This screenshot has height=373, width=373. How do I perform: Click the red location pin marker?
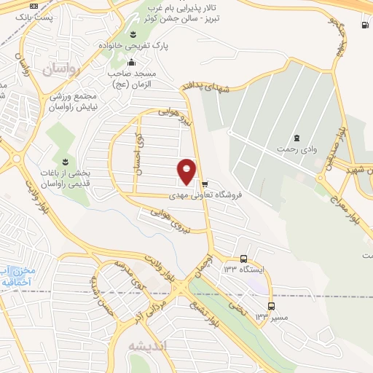pyautogui.click(x=186, y=170)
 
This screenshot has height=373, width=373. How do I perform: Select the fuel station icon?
pyautogui.click(x=364, y=25)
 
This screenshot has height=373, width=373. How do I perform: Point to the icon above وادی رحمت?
pyautogui.click(x=297, y=138)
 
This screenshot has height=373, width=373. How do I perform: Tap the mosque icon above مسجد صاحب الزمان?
pyautogui.click(x=131, y=62)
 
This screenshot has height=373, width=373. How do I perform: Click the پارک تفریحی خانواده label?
pyautogui.click(x=134, y=46)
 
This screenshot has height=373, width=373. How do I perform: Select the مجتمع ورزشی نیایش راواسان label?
pyautogui.click(x=71, y=101)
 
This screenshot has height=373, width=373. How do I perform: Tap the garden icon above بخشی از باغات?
pyautogui.click(x=65, y=160)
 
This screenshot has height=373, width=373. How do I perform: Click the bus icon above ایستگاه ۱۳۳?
pyautogui.click(x=243, y=259)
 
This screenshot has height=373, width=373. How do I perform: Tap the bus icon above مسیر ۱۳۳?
pyautogui.click(x=271, y=306)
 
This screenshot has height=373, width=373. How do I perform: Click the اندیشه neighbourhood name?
pyautogui.click(x=148, y=346)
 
